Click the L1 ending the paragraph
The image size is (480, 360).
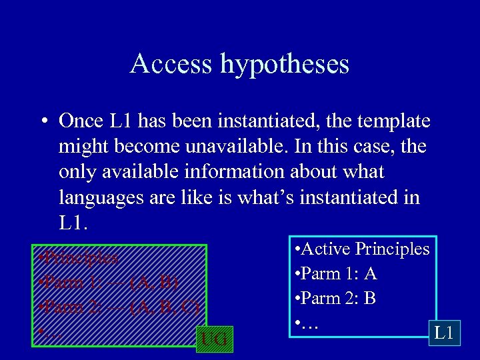72,222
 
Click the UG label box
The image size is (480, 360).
213,339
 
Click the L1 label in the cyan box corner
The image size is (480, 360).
444,332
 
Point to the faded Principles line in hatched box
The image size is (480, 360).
79,257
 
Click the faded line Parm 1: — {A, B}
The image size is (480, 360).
108,282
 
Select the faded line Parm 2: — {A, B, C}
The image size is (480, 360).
119,307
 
